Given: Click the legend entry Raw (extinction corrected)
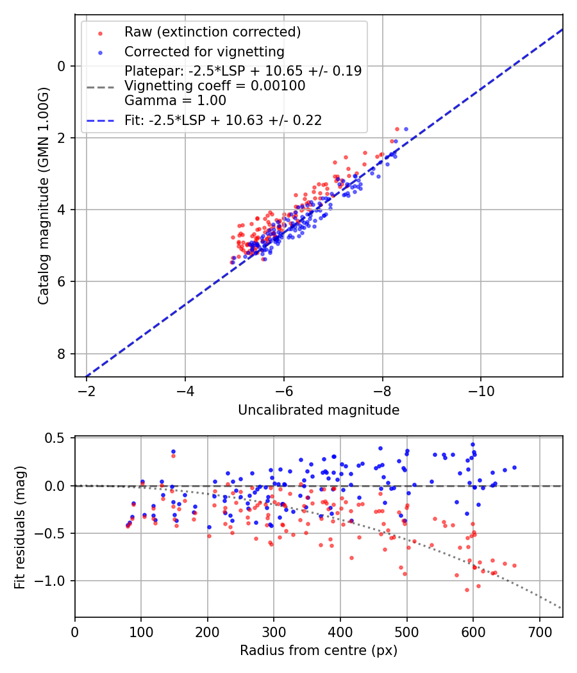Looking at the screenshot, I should pyautogui.click(x=212, y=32).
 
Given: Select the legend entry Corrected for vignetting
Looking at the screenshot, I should pyautogui.click(x=205, y=51).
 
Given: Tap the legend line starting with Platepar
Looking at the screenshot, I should pyautogui.click(x=243, y=71).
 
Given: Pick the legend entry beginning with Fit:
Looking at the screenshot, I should pyautogui.click(x=222, y=120).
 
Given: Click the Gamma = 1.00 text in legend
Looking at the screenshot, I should pyautogui.click(x=175, y=101).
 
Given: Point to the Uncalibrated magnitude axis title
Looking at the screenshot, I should pyautogui.click(x=319, y=410).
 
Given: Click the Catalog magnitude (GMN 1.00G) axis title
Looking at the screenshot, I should pyautogui.click(x=43, y=195).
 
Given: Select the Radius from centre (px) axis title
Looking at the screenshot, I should pyautogui.click(x=319, y=651).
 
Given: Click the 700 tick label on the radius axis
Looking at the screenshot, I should pyautogui.click(x=539, y=631).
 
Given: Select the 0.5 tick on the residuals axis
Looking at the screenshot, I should pyautogui.click(x=57, y=438).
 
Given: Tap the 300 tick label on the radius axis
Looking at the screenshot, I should pyautogui.click(x=274, y=631).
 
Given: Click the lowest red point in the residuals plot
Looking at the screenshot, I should pyautogui.click(x=466, y=590).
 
